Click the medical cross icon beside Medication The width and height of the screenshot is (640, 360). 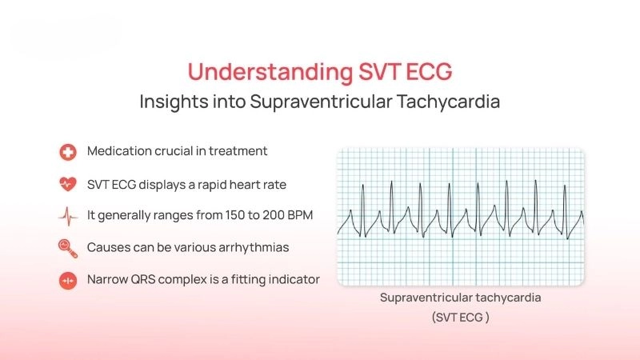pos(68,152)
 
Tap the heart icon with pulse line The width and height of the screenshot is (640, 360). pos(68,184)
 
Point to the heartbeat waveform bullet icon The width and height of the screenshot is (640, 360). pos(68,216)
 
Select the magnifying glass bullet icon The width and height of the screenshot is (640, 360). pos(68,248)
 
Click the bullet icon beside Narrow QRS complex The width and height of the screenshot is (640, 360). pos(68,280)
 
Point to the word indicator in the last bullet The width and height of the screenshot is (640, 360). pos(292,279)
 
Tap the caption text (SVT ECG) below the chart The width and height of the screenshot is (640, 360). pos(460,317)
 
